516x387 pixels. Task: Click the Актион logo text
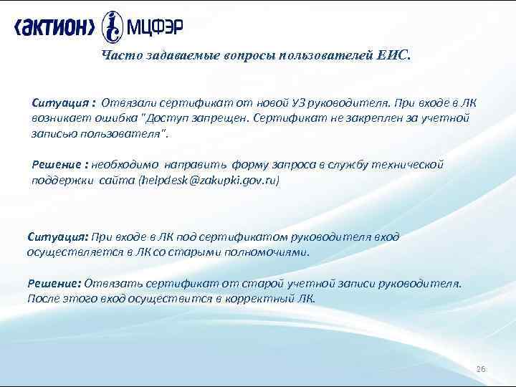54,27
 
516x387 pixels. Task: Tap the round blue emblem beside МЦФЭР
113,27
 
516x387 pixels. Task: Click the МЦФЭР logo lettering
155,27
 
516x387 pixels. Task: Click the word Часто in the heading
118,56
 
